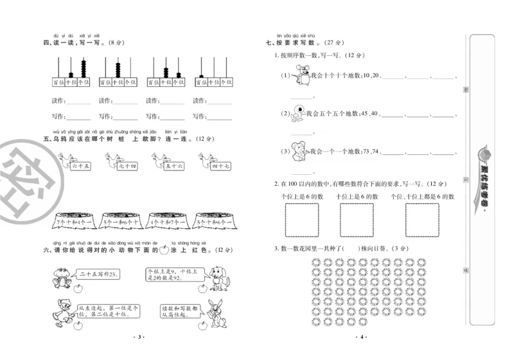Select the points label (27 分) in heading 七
[328, 43]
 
